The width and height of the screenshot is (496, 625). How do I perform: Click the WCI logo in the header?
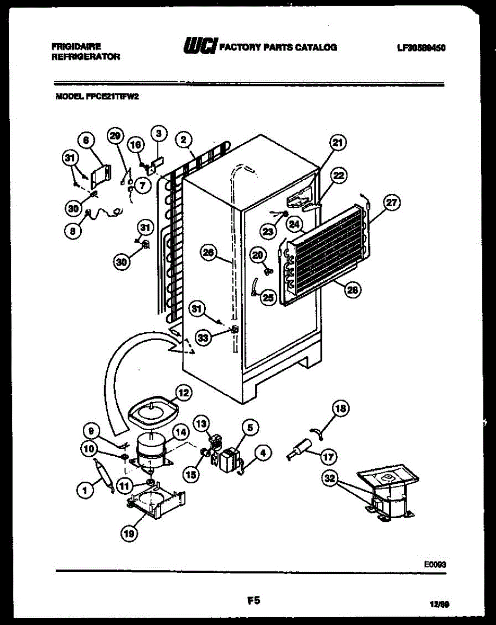click(199, 47)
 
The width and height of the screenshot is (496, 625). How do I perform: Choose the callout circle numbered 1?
click(82, 489)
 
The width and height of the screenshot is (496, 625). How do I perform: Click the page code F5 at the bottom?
click(253, 601)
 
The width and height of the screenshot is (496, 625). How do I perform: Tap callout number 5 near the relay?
click(250, 428)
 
